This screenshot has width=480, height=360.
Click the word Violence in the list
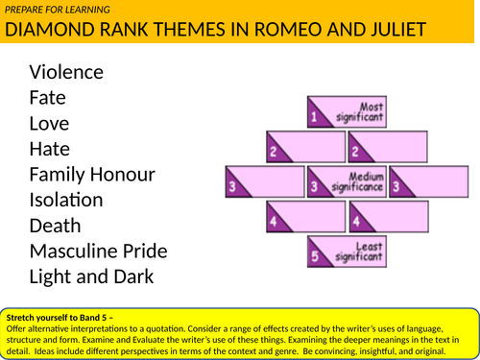pos(67,71)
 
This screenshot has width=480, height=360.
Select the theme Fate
pos(48,97)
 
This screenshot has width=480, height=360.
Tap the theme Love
pos(50,123)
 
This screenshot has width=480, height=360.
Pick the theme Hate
pos(50,149)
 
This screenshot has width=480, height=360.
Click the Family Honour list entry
pos(92,175)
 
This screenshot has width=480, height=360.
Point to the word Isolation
pos(66,200)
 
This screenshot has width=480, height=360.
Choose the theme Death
pos(57,226)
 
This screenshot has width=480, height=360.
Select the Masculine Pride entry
pos(99,252)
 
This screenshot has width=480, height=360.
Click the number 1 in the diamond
pos(313,117)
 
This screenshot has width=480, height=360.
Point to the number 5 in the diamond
pos(313,256)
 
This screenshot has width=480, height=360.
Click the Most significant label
pos(363,113)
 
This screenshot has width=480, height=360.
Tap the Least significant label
pos(362,252)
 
